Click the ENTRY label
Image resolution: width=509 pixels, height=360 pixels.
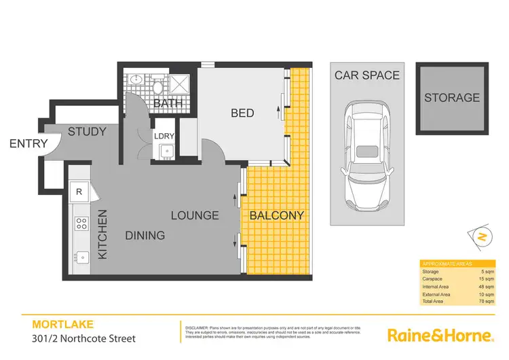point(29,144)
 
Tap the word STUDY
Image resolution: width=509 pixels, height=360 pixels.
point(87,131)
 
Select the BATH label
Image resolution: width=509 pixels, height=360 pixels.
point(167,104)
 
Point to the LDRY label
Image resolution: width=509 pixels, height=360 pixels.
point(164,135)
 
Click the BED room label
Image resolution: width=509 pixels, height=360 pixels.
point(242,113)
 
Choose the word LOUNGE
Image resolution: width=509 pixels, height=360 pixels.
point(194,215)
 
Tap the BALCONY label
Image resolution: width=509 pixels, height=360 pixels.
point(276,215)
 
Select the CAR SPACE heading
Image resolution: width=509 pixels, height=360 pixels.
point(367,75)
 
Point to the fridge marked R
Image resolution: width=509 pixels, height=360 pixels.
point(79,192)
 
